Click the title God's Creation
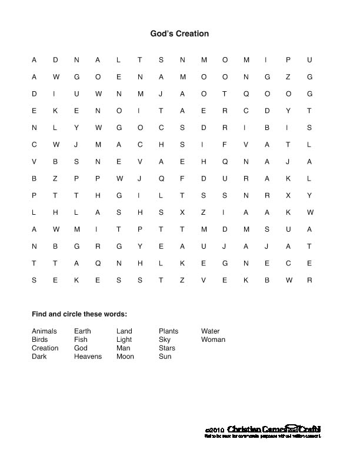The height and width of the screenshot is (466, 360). pyautogui.click(x=179, y=34)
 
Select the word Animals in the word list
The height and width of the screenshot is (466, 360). pyautogui.click(x=44, y=331)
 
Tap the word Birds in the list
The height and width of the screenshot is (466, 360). pyautogui.click(x=40, y=339)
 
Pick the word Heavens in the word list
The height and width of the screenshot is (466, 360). pyautogui.click(x=88, y=357)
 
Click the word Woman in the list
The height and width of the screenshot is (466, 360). pyautogui.click(x=213, y=339)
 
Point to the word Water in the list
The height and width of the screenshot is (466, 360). pyautogui.click(x=211, y=331)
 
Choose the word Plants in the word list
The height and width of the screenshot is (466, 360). pyautogui.click(x=168, y=331)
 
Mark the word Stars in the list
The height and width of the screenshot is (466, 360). pyautogui.click(x=167, y=348)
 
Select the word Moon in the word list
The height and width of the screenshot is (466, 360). pyautogui.click(x=125, y=357)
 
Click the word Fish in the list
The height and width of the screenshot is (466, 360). pyautogui.click(x=81, y=339)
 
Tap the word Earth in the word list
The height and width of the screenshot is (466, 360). pyautogui.click(x=82, y=331)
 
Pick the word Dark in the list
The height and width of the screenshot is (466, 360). pyautogui.click(x=39, y=357)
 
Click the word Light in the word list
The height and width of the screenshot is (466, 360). pyautogui.click(x=124, y=339)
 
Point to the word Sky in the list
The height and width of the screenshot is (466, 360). pyautogui.click(x=165, y=339)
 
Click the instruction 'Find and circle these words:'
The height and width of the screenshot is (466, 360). pyautogui.click(x=79, y=314)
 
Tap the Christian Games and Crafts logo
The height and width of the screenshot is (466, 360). pyautogui.click(x=274, y=429)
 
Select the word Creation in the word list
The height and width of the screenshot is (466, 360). pyautogui.click(x=45, y=348)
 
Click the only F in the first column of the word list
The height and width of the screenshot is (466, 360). pyautogui.click(x=76, y=339)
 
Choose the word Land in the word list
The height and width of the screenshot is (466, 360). pyautogui.click(x=124, y=331)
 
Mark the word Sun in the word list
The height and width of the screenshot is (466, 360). pyautogui.click(x=165, y=357)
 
